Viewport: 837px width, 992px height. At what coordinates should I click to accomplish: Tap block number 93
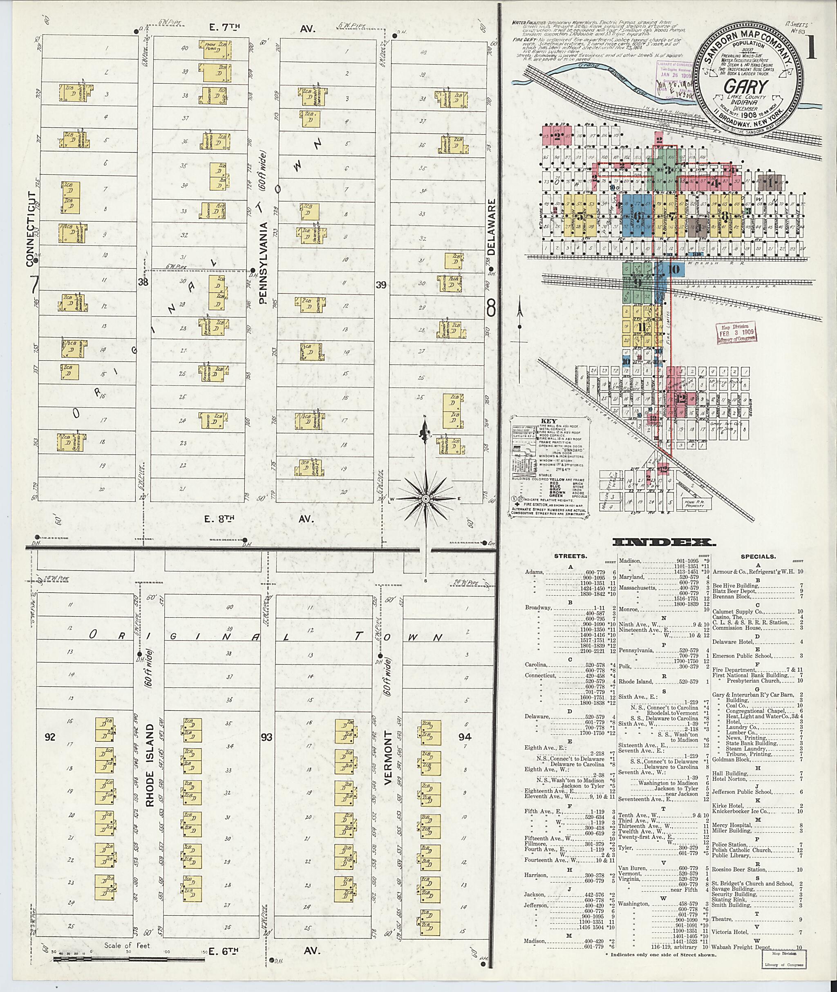[x=266, y=737]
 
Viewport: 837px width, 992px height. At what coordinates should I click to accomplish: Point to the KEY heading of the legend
[x=548, y=421]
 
